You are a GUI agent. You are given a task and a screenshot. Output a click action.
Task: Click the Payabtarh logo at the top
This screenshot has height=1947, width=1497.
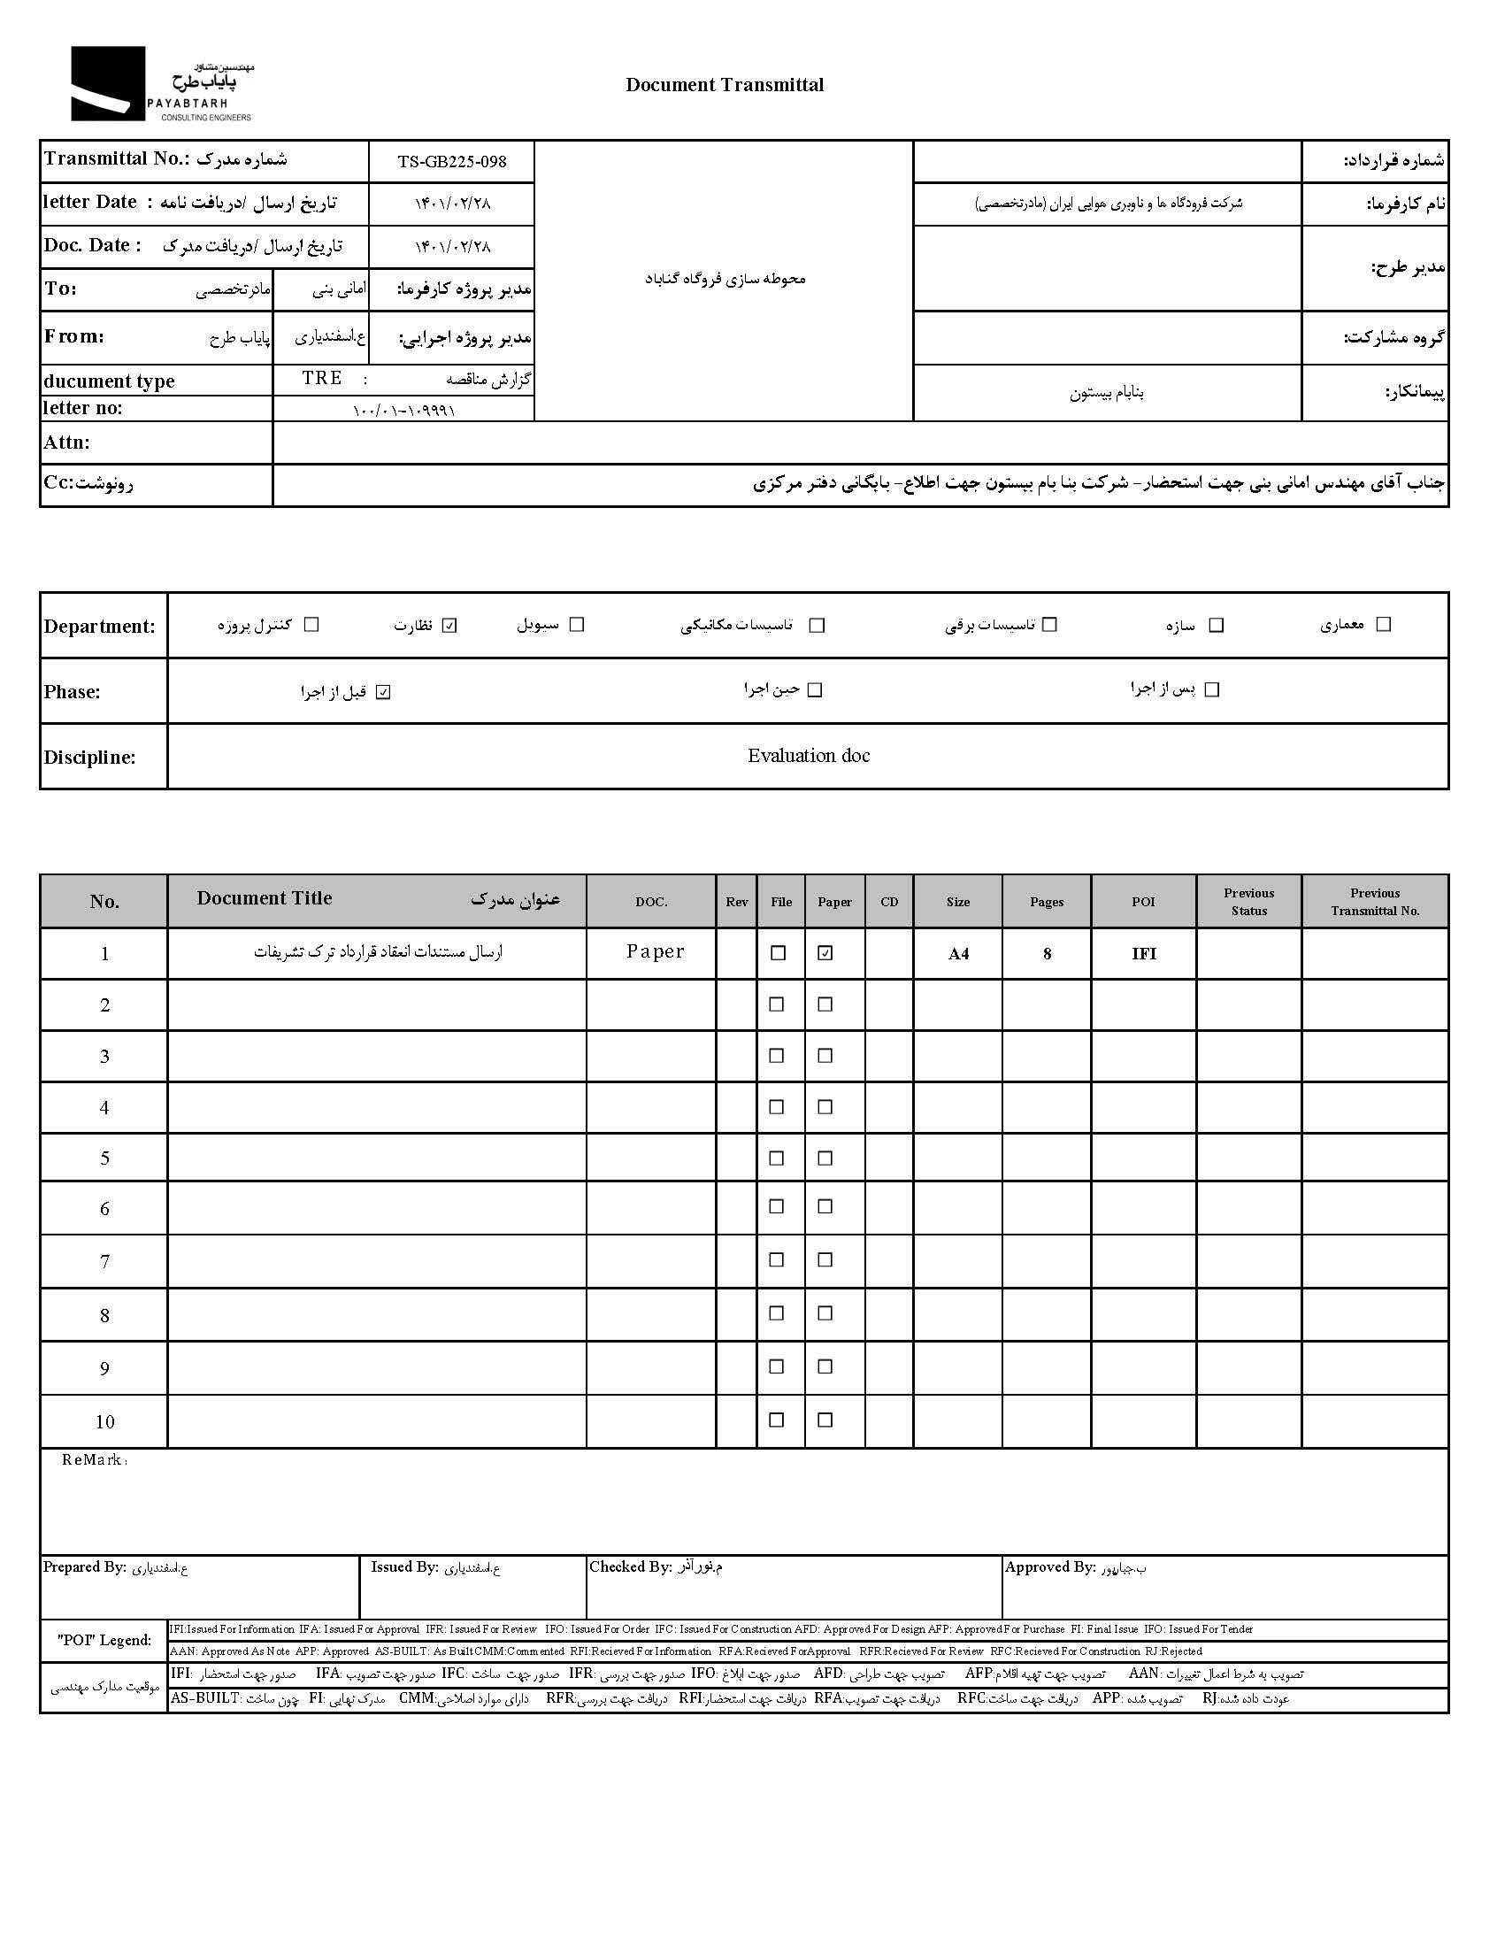[160, 84]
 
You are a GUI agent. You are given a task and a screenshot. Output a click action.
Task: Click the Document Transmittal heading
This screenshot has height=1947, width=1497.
[725, 85]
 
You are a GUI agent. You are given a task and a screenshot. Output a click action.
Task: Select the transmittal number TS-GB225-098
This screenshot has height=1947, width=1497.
[452, 161]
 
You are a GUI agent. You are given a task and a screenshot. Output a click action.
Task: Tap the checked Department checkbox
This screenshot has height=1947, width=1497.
[450, 625]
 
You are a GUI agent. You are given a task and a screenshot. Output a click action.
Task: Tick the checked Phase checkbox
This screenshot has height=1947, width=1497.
[383, 692]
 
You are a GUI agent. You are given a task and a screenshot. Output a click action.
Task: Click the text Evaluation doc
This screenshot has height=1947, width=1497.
[808, 756]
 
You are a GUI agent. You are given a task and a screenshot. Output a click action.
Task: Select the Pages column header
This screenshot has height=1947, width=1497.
[1046, 902]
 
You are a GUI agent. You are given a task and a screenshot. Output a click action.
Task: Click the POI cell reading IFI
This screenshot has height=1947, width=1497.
[1143, 953]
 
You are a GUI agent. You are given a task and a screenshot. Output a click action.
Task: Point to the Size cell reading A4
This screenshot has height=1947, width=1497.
[958, 953]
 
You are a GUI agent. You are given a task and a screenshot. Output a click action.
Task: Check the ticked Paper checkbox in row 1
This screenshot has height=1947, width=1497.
[825, 952]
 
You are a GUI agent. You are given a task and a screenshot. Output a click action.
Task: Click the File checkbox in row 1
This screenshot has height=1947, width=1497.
[778, 952]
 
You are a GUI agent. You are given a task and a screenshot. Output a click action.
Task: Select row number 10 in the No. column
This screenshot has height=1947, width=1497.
[104, 1421]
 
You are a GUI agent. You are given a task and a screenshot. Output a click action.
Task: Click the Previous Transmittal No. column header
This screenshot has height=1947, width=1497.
[1374, 902]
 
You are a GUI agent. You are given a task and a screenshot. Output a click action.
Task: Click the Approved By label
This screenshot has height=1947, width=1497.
[1049, 1566]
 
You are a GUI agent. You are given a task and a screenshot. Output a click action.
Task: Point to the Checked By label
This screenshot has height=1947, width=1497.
[630, 1566]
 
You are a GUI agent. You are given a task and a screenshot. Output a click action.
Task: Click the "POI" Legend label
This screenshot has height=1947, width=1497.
[104, 1640]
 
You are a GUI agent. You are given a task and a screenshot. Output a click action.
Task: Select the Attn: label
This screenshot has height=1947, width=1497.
[67, 442]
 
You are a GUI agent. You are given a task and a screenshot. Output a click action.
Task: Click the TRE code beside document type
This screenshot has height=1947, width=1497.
[322, 378]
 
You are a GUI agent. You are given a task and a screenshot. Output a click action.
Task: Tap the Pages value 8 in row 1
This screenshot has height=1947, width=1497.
[1047, 953]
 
